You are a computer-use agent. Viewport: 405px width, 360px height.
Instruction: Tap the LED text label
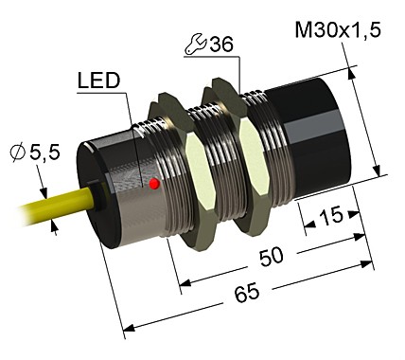coord(98,81)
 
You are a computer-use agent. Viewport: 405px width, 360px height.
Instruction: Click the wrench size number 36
coord(219,45)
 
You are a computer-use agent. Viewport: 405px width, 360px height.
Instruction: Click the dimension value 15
coord(328,217)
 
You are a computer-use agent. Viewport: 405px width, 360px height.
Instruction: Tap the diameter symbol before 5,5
coord(16,151)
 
